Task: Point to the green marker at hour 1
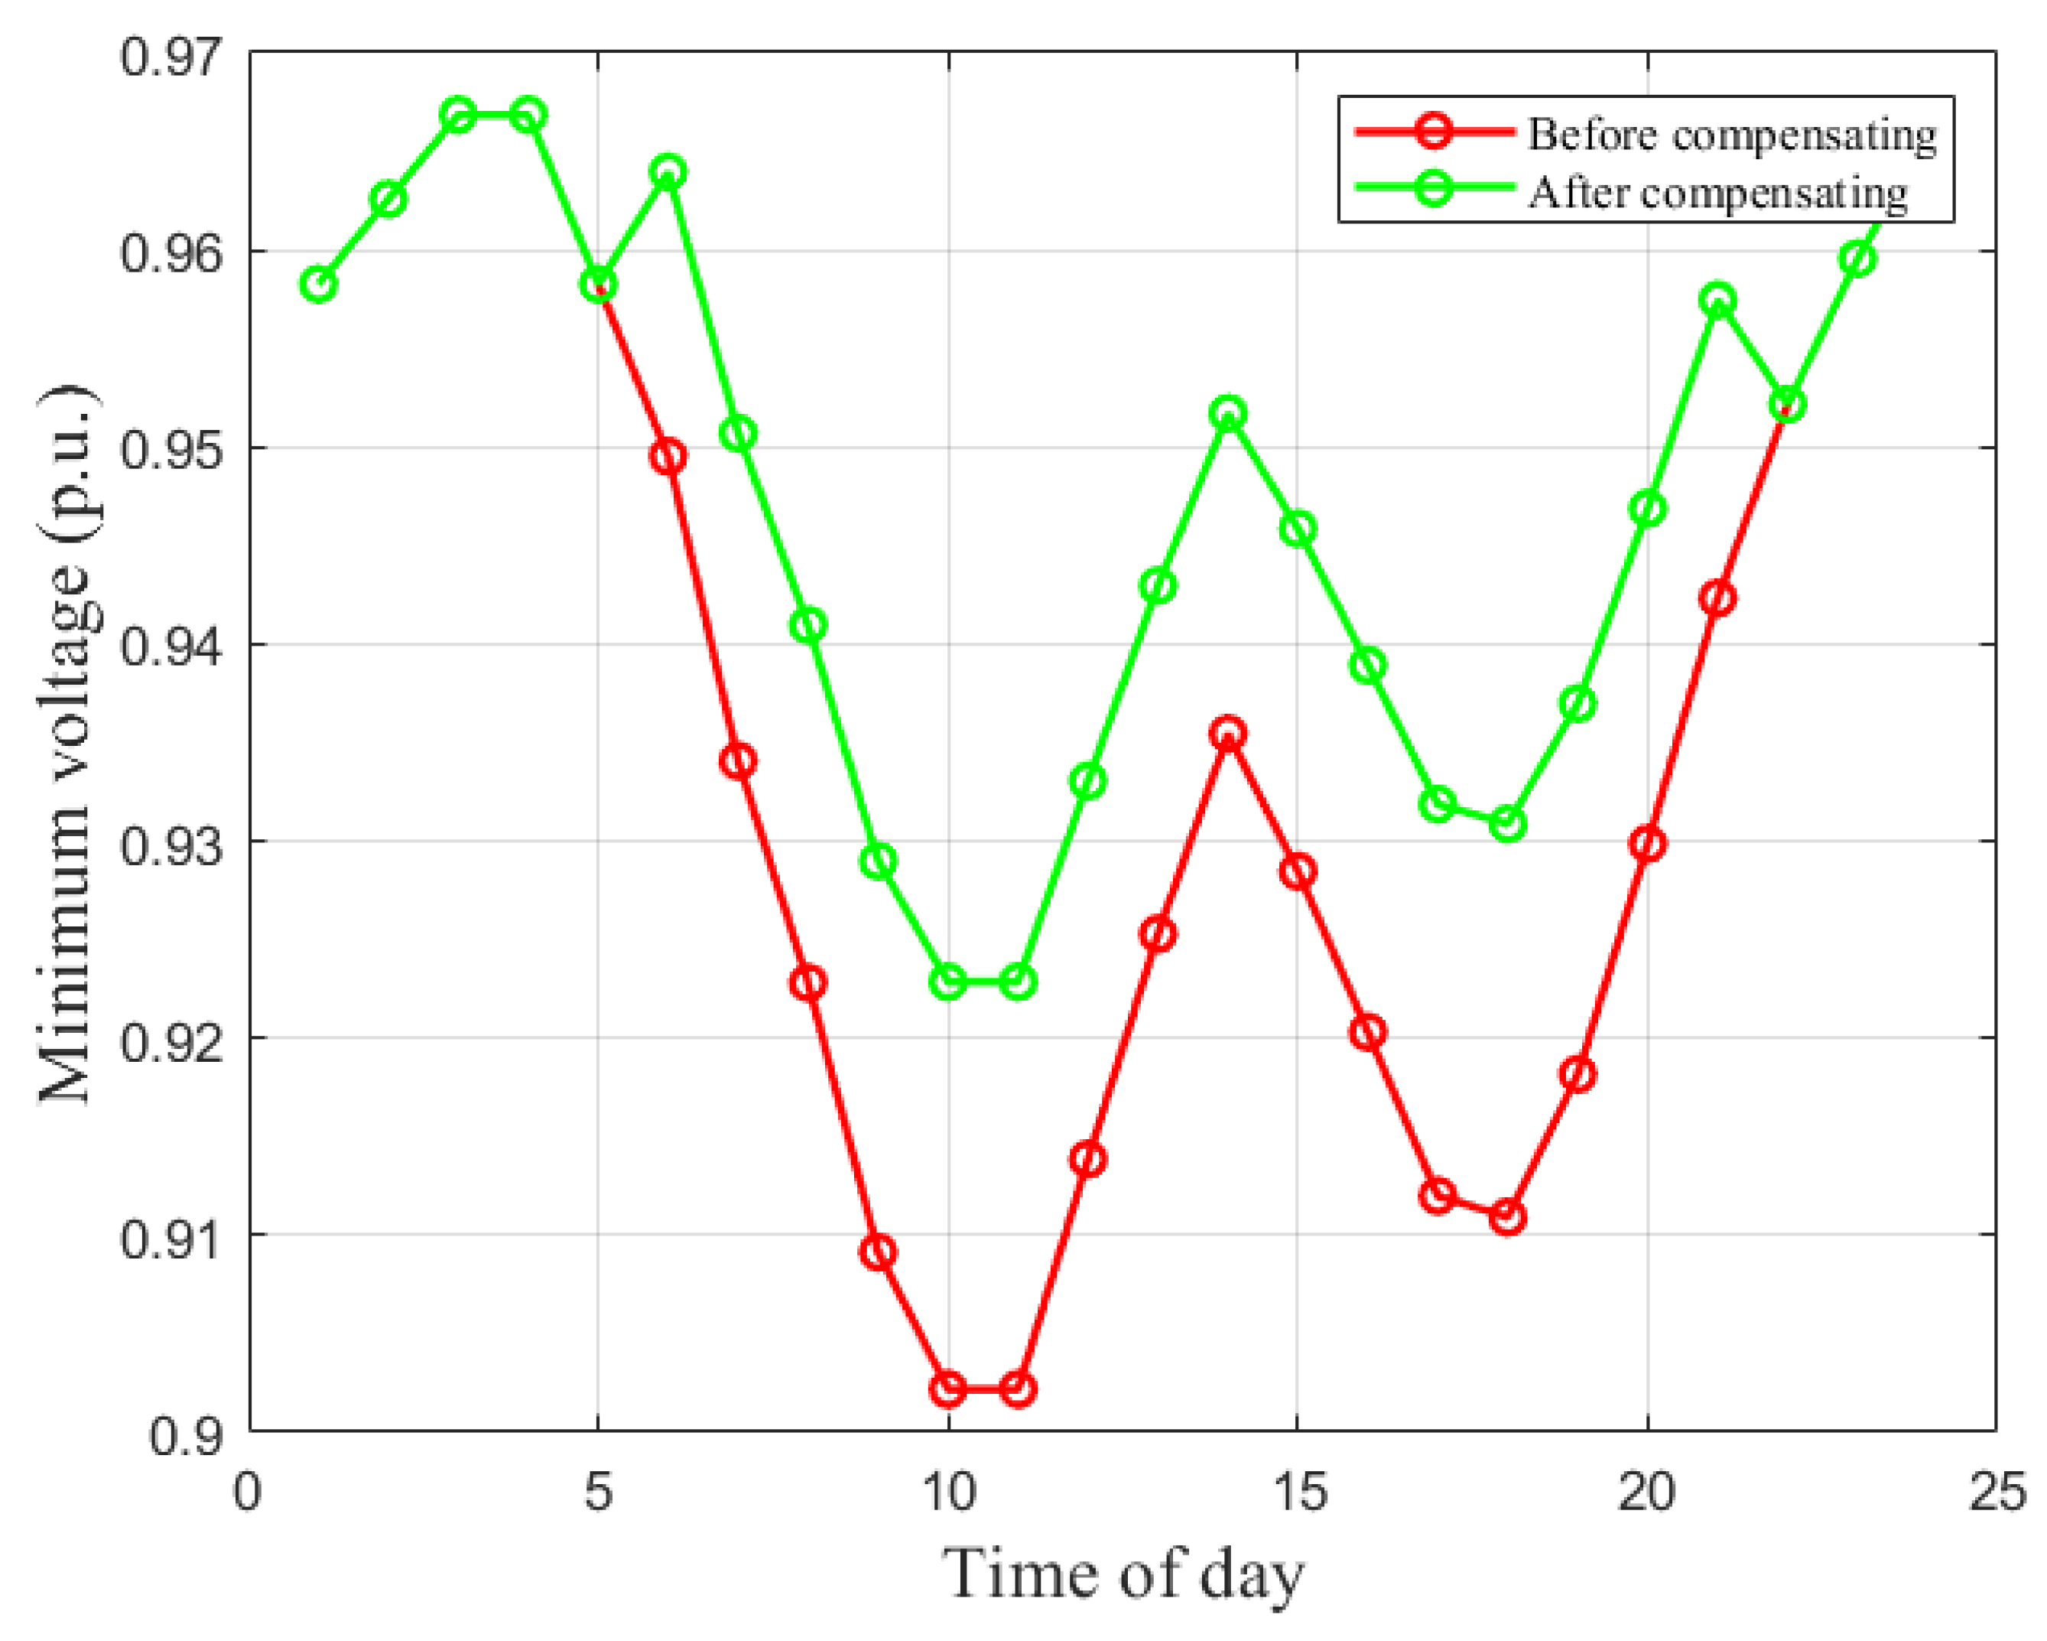click(319, 284)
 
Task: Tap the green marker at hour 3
click(459, 116)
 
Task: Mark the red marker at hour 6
click(668, 457)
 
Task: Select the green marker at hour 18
click(1508, 823)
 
